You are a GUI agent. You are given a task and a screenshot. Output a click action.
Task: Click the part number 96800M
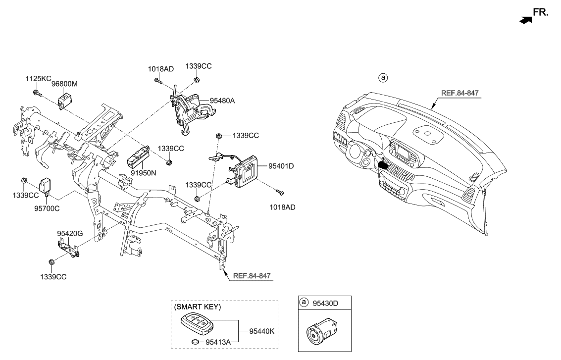pyautogui.click(x=65, y=85)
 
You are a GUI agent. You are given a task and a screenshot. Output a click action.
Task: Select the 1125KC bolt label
pyautogui.click(x=39, y=78)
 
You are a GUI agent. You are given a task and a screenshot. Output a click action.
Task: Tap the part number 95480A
pyautogui.click(x=222, y=101)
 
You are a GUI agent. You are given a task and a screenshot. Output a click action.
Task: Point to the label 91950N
pyautogui.click(x=143, y=174)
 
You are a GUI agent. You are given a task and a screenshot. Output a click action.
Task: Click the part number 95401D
pyautogui.click(x=281, y=166)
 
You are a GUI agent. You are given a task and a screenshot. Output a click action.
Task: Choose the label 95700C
pyautogui.click(x=47, y=208)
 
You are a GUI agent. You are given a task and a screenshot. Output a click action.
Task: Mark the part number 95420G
pyautogui.click(x=69, y=233)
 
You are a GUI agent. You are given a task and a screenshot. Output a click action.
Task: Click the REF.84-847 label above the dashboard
pyautogui.click(x=460, y=93)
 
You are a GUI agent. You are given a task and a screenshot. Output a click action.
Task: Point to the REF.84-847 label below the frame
pyautogui.click(x=252, y=275)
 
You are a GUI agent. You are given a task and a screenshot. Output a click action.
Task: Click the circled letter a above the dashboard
pyautogui.click(x=382, y=78)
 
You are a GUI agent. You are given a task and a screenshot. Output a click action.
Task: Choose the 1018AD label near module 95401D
pyautogui.click(x=283, y=207)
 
